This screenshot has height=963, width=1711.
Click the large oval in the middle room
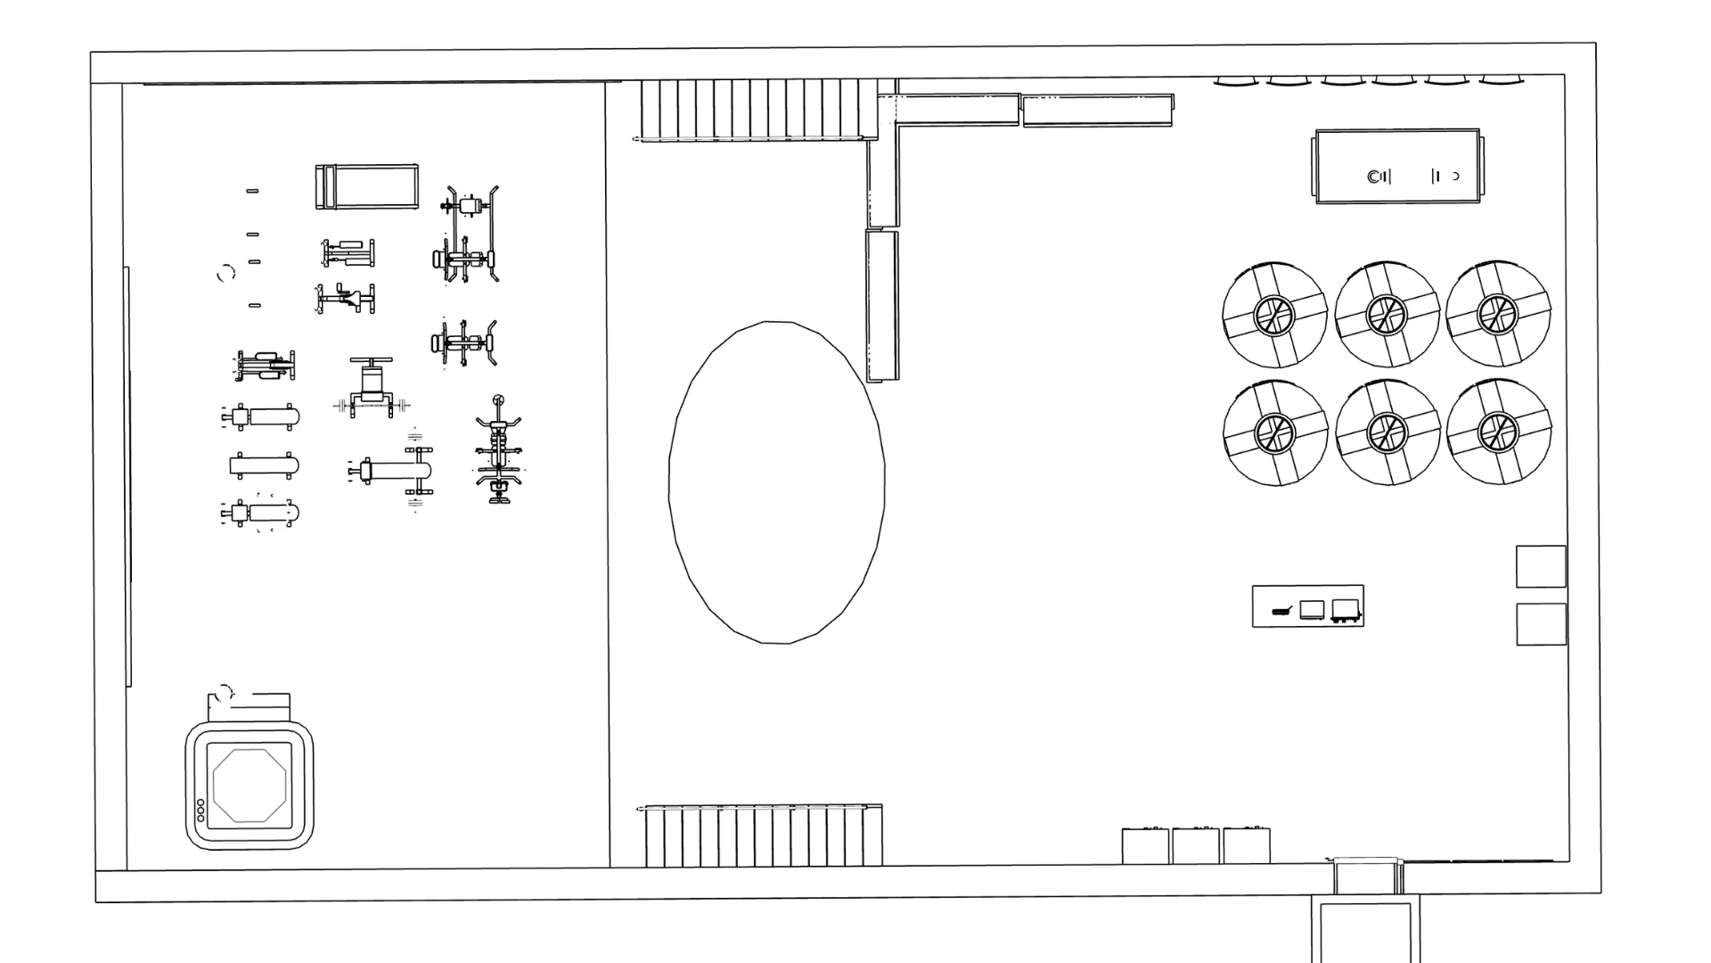(776, 482)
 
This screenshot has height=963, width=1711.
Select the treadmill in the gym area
(366, 187)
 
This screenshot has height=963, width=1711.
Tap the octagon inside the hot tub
(250, 786)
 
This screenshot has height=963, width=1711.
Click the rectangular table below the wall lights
(1397, 167)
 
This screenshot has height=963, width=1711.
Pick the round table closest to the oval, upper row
(1275, 314)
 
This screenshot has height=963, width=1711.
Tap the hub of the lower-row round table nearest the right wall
(1497, 432)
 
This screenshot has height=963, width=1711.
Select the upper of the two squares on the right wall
(1541, 567)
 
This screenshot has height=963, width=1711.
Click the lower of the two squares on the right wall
(1541, 624)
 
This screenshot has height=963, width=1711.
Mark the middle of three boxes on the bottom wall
(1195, 845)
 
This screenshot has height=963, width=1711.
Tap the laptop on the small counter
(1312, 610)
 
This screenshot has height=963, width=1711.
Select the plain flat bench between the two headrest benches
(264, 465)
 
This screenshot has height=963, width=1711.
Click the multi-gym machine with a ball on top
(499, 450)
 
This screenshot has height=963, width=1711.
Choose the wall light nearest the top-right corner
(1502, 82)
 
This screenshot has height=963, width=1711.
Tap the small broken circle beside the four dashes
(225, 273)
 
